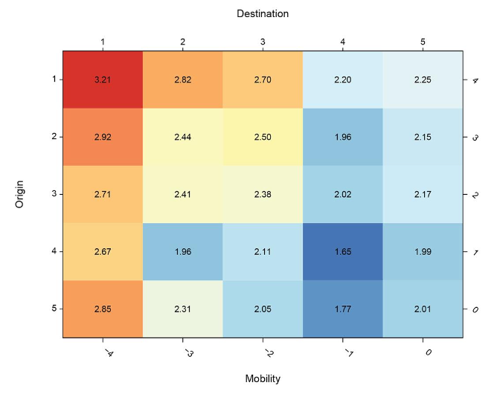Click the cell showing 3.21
(103, 80)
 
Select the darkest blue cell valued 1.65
(343, 251)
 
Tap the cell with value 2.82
(182, 80)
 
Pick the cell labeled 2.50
(263, 137)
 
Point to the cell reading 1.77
(343, 309)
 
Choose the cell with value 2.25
(423, 80)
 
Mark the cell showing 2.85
(103, 309)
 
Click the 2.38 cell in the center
(263, 194)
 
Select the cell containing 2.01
(423, 309)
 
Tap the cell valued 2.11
(263, 251)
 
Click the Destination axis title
(263, 13)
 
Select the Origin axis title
(20, 194)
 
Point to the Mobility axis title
(263, 378)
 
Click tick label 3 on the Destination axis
(263, 42)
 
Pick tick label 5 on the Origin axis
(53, 309)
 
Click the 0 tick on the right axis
(475, 309)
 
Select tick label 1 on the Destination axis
(103, 42)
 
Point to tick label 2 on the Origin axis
(53, 137)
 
